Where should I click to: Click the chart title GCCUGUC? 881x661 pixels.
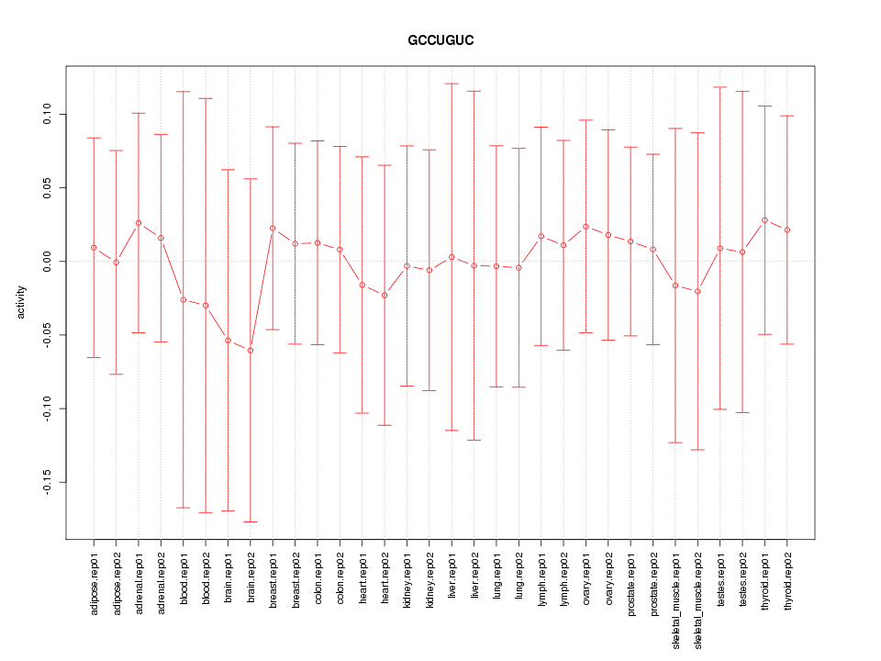click(x=440, y=41)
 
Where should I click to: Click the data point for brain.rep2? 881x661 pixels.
click(x=251, y=351)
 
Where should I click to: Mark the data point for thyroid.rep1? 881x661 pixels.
click(x=765, y=220)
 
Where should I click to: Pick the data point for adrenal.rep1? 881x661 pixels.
click(x=139, y=223)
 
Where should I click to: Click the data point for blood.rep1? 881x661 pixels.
click(x=184, y=299)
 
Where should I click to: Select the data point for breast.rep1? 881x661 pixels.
click(x=273, y=228)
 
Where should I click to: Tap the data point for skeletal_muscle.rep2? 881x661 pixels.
click(x=698, y=291)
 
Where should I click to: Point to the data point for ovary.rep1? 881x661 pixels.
click(x=586, y=227)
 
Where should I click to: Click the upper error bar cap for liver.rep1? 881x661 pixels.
click(x=452, y=84)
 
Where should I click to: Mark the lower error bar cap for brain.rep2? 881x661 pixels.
click(x=251, y=521)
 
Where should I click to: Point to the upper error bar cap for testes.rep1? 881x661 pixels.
click(x=720, y=87)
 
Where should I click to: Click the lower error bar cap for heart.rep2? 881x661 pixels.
click(x=385, y=425)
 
